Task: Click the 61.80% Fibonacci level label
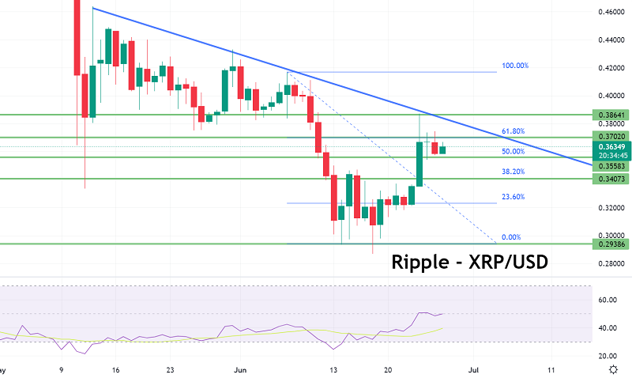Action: [513, 131]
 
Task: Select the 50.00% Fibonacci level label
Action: [513, 151]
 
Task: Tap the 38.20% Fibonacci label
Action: [513, 171]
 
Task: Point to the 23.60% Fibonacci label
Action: [513, 198]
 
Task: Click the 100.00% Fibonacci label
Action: [515, 66]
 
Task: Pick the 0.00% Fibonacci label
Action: [510, 237]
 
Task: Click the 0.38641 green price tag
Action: [612, 115]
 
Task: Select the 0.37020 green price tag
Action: [612, 137]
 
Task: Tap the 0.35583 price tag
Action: [612, 168]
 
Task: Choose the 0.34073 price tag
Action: [612, 180]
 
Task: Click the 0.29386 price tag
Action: [612, 244]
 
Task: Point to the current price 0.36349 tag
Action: [612, 146]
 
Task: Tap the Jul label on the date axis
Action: [475, 369]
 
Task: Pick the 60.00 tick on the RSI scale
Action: [608, 301]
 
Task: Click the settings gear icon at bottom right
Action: [613, 369]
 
